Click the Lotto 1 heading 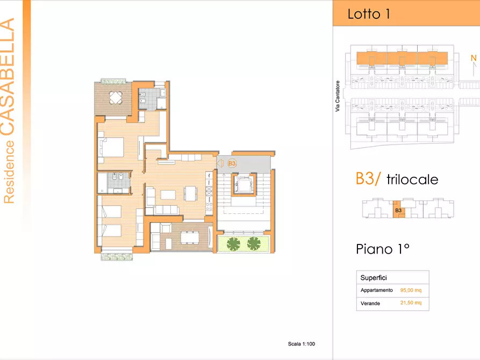tap(369, 14)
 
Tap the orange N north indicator tap(474, 58)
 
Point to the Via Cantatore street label tap(338, 96)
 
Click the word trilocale tap(412, 179)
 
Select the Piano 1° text tap(383, 249)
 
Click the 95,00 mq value tap(411, 290)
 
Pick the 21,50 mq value tap(411, 303)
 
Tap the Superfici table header tap(374, 278)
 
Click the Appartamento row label tap(377, 290)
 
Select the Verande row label tap(370, 304)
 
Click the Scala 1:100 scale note tap(301, 344)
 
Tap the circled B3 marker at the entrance tap(232, 163)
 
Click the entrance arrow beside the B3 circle tap(220, 163)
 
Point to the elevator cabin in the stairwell tap(243, 185)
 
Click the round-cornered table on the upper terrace tap(116, 98)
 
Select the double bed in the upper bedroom tap(111, 147)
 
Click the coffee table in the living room tap(168, 195)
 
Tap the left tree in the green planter tap(234, 244)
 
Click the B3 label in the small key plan tap(398, 211)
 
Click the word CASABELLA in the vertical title tap(8, 76)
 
